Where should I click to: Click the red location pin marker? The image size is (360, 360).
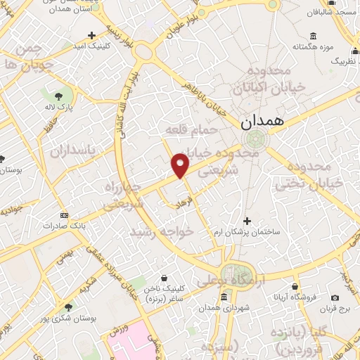[x=181, y=165]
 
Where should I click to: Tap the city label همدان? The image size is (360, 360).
[x=264, y=121]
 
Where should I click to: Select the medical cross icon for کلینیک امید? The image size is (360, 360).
[x=91, y=34]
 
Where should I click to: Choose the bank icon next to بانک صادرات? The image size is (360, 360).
[x=65, y=214]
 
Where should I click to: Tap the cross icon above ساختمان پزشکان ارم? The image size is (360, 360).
[x=246, y=221]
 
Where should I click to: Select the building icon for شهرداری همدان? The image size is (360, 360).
[x=224, y=297]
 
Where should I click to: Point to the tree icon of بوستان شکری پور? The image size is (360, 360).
[x=68, y=307]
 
